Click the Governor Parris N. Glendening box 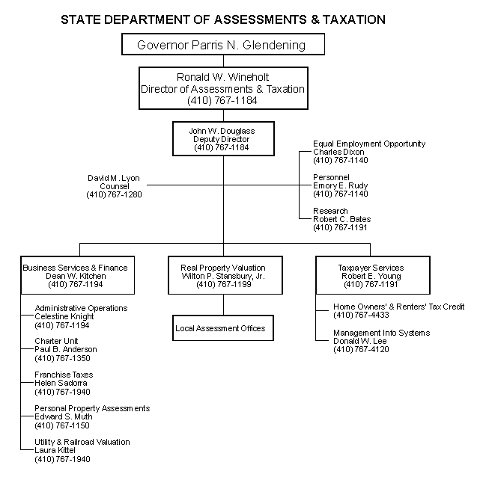point(222,45)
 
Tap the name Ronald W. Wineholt point(222,77)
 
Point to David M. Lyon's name point(113,178)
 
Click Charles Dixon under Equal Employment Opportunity point(338,152)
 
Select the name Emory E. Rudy point(340,185)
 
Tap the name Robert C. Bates point(341,219)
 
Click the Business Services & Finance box point(75,275)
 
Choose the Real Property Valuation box point(222,275)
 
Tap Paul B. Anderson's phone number point(64,358)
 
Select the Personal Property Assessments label point(92,408)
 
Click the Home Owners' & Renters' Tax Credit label point(398,307)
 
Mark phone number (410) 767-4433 point(361,316)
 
